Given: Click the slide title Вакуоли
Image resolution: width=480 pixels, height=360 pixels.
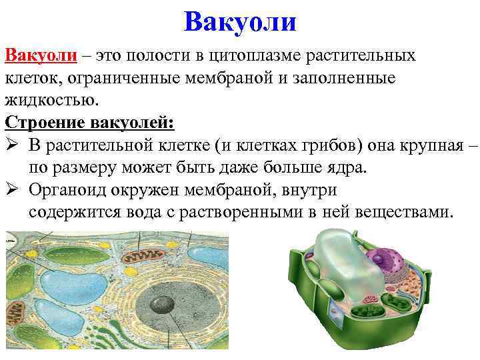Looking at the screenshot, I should (x=239, y=21).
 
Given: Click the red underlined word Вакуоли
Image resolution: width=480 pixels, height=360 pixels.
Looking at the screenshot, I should (x=39, y=55).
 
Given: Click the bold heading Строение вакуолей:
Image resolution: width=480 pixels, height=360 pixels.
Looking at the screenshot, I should (x=89, y=123).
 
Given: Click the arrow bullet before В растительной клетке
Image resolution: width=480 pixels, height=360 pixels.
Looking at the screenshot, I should (x=13, y=145).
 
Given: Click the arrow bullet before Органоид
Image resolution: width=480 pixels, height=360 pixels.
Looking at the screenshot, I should (x=13, y=189).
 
